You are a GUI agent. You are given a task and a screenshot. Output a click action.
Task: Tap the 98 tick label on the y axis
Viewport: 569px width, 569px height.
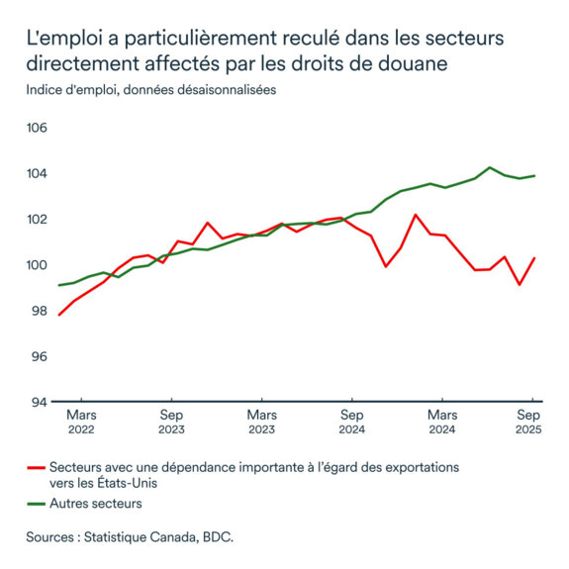[x=37, y=311]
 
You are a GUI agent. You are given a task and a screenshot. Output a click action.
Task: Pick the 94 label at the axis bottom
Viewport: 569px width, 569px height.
[x=37, y=402]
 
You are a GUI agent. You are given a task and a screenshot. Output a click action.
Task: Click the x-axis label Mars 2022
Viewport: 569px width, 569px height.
[x=81, y=422]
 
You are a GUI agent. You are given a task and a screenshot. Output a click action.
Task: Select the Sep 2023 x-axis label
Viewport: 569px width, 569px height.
[x=171, y=422]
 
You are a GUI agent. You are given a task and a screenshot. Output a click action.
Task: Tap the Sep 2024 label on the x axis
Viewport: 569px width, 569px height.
[x=351, y=422]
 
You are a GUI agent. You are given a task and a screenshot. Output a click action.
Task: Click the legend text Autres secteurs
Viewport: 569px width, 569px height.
[x=96, y=504]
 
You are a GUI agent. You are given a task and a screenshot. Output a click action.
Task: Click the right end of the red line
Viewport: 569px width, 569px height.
[x=534, y=258]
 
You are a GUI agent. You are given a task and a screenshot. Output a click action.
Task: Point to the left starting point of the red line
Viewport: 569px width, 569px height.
[x=59, y=315]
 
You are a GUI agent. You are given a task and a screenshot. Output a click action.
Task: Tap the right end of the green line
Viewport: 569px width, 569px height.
[x=535, y=176]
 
